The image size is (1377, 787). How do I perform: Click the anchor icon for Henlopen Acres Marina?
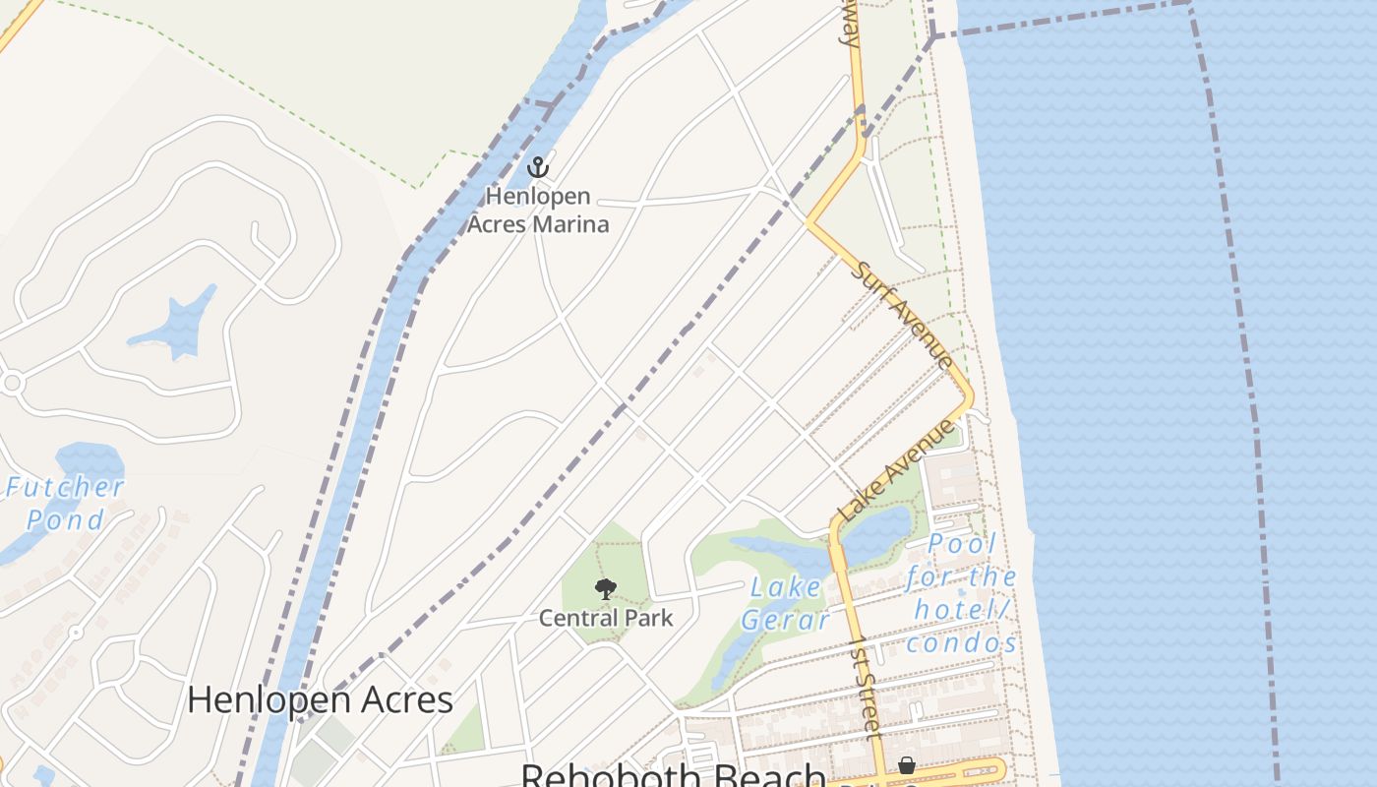click(x=537, y=167)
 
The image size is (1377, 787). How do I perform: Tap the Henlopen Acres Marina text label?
click(x=537, y=211)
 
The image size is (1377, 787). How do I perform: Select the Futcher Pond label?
click(x=65, y=503)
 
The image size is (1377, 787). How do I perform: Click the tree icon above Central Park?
click(x=606, y=589)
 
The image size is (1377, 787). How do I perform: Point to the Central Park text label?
click(x=606, y=618)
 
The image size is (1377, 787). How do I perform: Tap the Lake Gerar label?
click(x=785, y=603)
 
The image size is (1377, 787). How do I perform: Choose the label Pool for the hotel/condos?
click(x=962, y=593)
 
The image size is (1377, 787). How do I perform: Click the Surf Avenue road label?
click(x=902, y=315)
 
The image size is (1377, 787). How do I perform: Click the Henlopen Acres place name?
click(x=320, y=699)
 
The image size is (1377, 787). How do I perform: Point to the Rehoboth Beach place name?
click(x=672, y=775)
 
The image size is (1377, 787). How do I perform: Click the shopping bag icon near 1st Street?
click(x=907, y=765)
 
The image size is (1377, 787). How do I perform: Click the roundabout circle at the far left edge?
click(x=11, y=383)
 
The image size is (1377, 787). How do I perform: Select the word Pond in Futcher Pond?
click(x=65, y=519)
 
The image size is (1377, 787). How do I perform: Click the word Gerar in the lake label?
click(x=785, y=620)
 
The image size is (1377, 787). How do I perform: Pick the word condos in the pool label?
click(x=962, y=643)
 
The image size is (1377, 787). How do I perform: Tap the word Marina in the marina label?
click(x=569, y=224)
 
